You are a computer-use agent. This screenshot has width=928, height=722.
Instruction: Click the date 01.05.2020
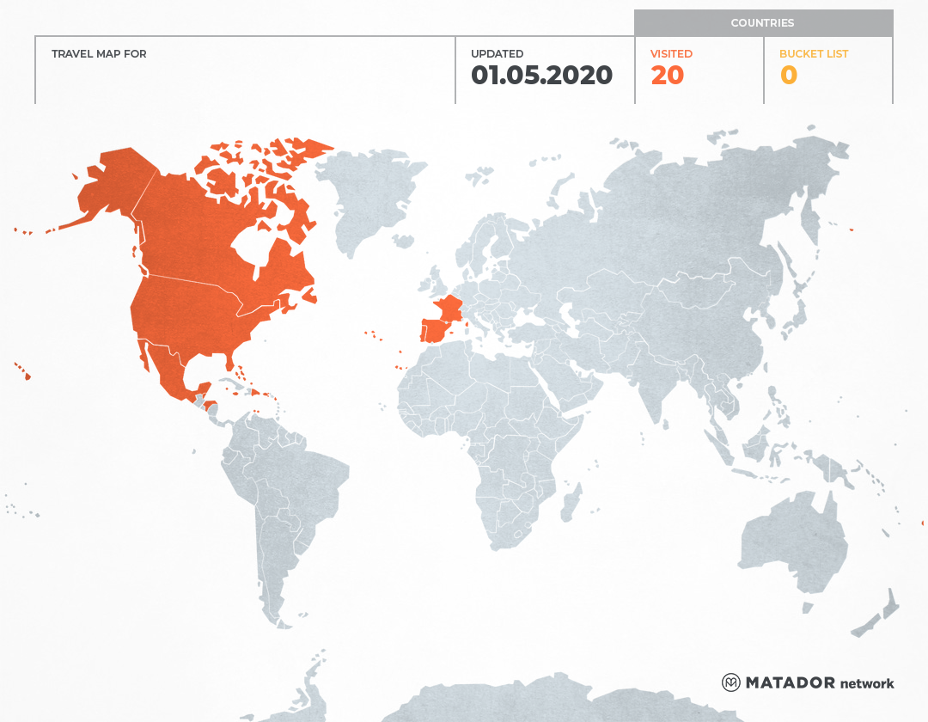(541, 76)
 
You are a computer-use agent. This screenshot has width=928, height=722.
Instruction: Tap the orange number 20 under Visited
(667, 76)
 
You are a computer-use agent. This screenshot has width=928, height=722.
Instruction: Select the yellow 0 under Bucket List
(788, 76)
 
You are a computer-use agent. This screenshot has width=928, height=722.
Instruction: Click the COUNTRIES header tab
(762, 23)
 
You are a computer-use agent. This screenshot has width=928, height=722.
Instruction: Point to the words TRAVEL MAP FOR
(99, 54)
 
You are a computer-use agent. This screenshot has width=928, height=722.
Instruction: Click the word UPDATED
(497, 54)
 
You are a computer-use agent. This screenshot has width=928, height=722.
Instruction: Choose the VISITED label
(671, 54)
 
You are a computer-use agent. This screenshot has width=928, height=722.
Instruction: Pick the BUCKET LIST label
(813, 54)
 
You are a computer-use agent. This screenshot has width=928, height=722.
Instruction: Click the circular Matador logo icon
(730, 682)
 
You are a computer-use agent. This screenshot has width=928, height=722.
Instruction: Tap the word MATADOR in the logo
(790, 683)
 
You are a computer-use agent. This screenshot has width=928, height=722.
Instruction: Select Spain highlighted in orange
(436, 331)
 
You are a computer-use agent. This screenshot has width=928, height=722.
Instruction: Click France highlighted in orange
(449, 309)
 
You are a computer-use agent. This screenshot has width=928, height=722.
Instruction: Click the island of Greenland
(369, 198)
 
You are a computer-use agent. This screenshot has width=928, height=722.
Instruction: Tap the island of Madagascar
(570, 504)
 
